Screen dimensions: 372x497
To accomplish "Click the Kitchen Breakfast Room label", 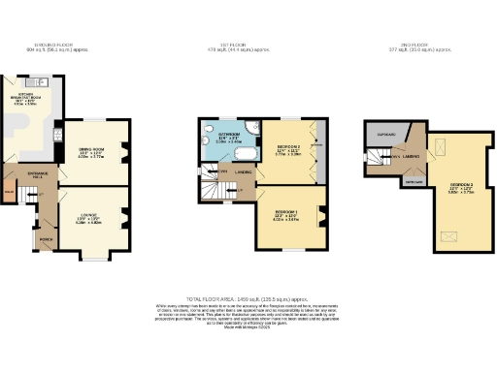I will pos(26,98).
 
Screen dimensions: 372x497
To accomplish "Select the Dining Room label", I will pos(90,153).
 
